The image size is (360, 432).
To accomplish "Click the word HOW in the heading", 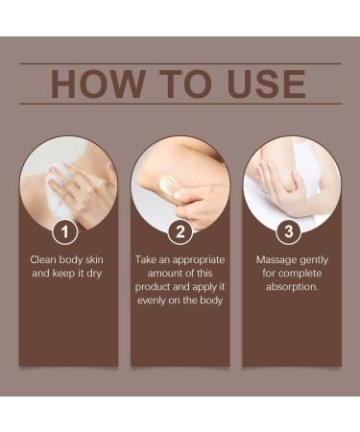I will [94, 84].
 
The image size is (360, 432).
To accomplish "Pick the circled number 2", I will [180, 230].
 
